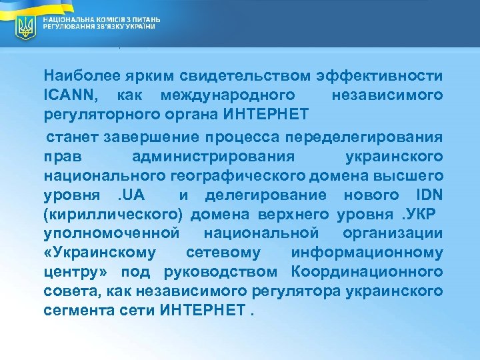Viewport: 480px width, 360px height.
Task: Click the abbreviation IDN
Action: pos(423,195)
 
